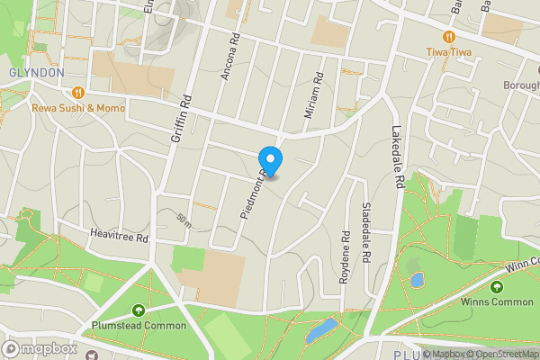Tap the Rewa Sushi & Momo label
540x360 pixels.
click(78, 107)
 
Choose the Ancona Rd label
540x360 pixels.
click(227, 57)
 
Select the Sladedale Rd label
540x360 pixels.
click(366, 232)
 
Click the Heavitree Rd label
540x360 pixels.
click(117, 236)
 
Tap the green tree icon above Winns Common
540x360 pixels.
click(496, 286)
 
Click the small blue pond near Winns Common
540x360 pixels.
click(417, 280)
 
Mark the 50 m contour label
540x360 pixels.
click(184, 219)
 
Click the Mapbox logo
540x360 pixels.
click(40, 348)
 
